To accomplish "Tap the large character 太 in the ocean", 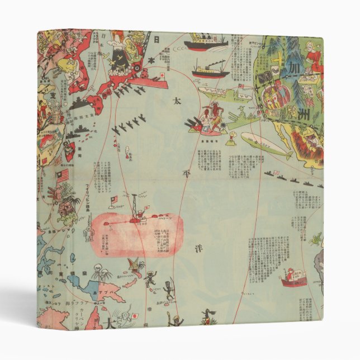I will tap(176, 102).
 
